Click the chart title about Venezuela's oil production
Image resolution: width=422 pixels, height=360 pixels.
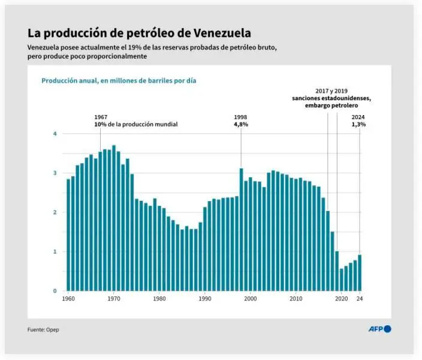tap(139, 32)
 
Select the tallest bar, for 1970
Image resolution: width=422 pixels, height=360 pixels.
tap(114, 218)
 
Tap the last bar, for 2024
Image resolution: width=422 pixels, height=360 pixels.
tap(360, 273)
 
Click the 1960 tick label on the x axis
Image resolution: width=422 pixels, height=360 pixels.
tap(68, 298)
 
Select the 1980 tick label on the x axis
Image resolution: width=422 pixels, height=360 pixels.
tap(159, 298)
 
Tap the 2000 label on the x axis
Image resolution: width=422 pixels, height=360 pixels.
tap(251, 298)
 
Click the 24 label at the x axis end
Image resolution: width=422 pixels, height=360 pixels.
tap(360, 298)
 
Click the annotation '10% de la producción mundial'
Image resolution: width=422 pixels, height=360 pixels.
tap(135, 125)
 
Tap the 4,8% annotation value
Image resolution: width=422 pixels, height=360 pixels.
tap(241, 125)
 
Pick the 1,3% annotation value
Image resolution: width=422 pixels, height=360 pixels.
tap(358, 125)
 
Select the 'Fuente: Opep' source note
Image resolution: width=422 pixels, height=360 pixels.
tap(43, 329)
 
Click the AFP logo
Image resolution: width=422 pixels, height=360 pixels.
tap(379, 329)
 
